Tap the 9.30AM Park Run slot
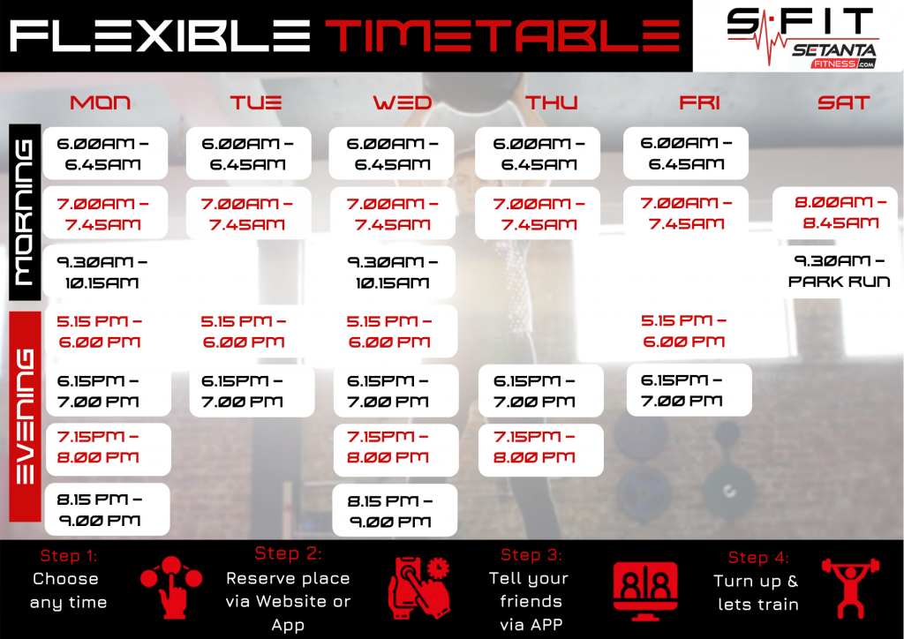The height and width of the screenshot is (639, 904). point(839,271)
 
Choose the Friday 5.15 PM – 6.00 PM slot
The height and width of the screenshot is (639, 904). point(683,331)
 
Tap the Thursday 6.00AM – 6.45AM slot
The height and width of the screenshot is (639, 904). point(538,154)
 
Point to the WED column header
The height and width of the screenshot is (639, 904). point(403,102)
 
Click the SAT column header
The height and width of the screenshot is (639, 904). point(843,102)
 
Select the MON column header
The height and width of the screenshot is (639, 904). point(101,102)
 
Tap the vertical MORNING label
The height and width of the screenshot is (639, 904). point(25,212)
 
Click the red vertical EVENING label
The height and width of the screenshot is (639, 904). point(25,417)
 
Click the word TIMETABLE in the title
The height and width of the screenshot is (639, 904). point(502,35)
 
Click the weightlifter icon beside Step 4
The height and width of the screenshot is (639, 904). point(850,588)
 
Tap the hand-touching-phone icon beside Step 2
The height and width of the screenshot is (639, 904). point(419,588)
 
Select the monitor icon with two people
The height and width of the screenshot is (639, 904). point(645,590)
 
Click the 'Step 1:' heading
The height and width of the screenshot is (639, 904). point(69,555)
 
